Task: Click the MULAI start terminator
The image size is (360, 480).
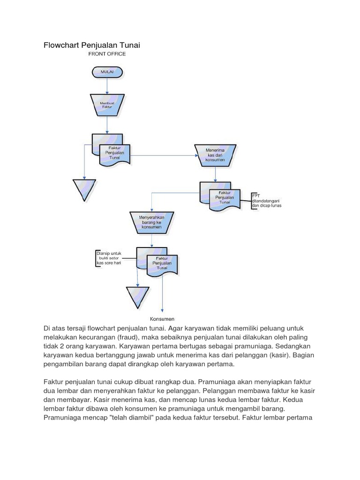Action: click(107, 72)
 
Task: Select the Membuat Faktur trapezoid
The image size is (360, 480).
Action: click(107, 105)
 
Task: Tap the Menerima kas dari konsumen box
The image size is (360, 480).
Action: click(216, 154)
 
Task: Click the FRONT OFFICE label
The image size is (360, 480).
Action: click(107, 54)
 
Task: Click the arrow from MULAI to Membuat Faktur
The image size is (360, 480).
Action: click(107, 85)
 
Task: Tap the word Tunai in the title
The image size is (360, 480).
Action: click(129, 45)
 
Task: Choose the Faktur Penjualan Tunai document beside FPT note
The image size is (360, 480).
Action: click(221, 197)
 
